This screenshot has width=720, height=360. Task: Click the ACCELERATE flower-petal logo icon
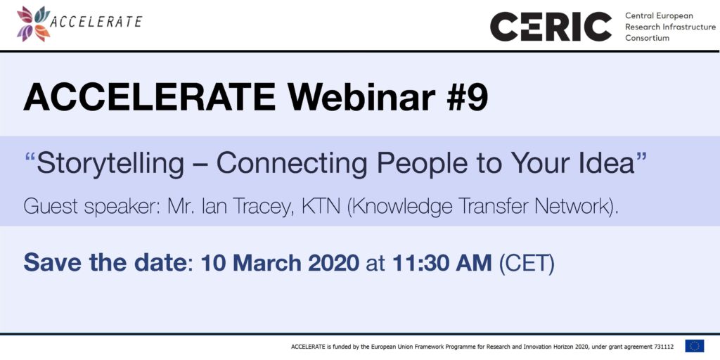coord(32,23)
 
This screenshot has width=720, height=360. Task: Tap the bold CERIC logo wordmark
coord(551,27)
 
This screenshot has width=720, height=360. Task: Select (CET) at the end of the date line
coord(527,264)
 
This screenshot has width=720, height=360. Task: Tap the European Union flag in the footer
coord(694,346)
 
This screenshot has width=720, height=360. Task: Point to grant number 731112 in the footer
coord(664,347)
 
